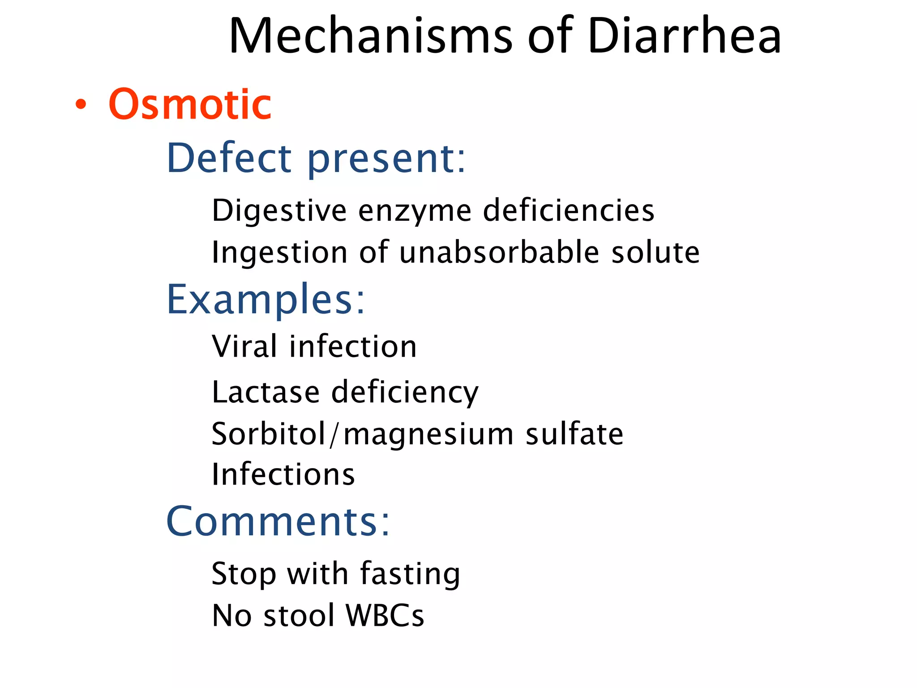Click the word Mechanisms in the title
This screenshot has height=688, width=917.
pyautogui.click(x=370, y=36)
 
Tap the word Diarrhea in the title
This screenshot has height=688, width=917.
pyautogui.click(x=684, y=36)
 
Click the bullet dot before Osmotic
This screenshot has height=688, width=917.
pyautogui.click(x=81, y=104)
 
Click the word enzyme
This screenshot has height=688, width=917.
pyautogui.click(x=415, y=211)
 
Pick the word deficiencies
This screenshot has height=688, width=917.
pyautogui.click(x=569, y=211)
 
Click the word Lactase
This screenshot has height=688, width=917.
pyautogui.click(x=266, y=392)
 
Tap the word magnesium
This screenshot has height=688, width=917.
pyautogui.click(x=429, y=434)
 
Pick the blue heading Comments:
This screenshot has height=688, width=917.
pyautogui.click(x=278, y=521)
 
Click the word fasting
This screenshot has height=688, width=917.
pyautogui.click(x=410, y=574)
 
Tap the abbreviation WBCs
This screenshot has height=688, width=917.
pyautogui.click(x=385, y=615)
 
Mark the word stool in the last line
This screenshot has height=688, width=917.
pyautogui.click(x=299, y=615)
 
